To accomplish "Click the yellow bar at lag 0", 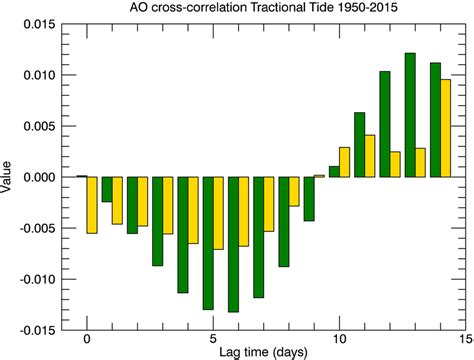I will pyautogui.click(x=93, y=205).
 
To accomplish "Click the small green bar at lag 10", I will pyautogui.click(x=334, y=172).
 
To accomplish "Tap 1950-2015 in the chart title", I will pyautogui.click(x=377, y=8).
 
